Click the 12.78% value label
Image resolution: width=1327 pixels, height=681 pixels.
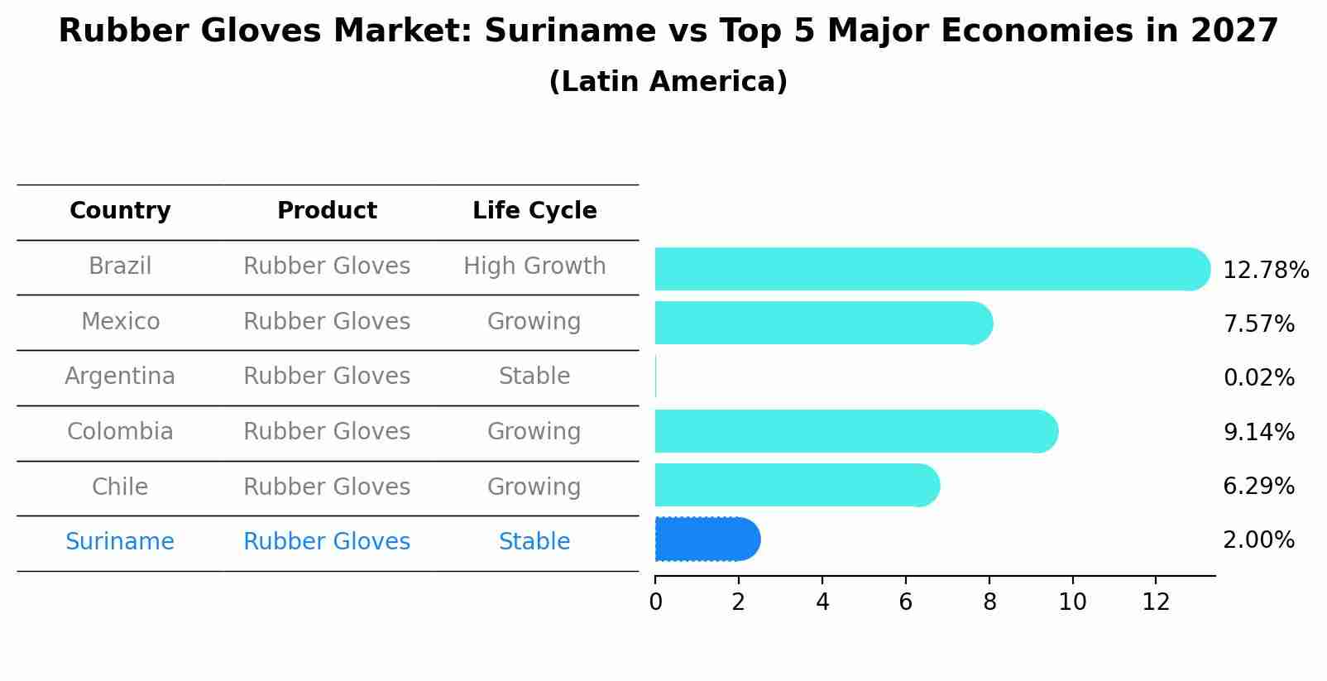(1265, 271)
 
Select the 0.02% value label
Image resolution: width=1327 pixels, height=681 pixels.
(1258, 378)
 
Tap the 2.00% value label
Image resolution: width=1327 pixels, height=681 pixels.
(1258, 540)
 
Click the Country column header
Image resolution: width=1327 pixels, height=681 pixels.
(120, 211)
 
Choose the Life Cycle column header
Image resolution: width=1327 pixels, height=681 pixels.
(534, 211)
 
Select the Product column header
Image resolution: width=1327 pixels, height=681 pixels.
(327, 211)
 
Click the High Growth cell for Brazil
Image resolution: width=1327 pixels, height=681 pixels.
(534, 266)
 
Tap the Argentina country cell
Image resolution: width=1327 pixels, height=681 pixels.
(120, 376)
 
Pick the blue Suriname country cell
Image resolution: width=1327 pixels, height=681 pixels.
(120, 542)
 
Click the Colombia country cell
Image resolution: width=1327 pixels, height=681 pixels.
(120, 432)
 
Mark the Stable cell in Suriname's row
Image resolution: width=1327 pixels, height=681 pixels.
(534, 542)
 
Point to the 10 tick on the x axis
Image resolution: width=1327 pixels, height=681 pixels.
(1072, 602)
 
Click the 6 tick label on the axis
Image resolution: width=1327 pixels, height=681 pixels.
(906, 602)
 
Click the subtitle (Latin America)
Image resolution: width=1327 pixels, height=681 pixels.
(668, 82)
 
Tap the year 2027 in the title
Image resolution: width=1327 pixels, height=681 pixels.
(1234, 31)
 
